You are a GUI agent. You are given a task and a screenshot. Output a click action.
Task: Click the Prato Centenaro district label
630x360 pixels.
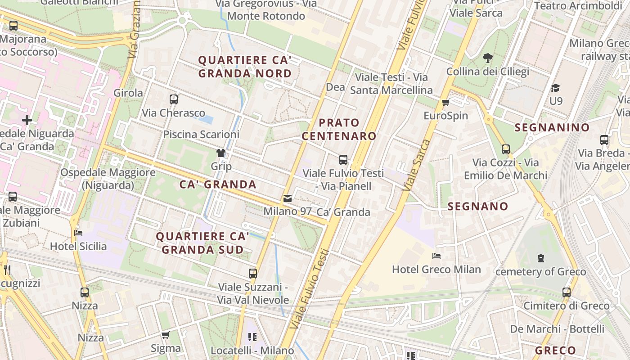(339, 129)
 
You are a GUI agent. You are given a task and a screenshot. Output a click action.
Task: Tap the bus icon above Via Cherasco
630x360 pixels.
(174, 99)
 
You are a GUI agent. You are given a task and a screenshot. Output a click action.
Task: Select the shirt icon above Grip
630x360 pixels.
(221, 153)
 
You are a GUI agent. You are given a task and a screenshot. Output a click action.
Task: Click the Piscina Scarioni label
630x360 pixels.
(201, 134)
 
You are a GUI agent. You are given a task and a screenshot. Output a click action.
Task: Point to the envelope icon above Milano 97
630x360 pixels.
(288, 198)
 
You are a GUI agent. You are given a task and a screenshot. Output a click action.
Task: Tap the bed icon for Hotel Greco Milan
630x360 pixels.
(436, 256)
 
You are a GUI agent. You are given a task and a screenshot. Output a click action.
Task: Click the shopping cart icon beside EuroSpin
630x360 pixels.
(446, 103)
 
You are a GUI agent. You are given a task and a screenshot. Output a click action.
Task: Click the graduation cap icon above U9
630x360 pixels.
(556, 88)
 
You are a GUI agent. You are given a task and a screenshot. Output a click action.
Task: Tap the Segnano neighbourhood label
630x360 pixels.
(478, 207)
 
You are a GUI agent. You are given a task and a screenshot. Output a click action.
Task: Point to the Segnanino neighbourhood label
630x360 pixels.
(552, 127)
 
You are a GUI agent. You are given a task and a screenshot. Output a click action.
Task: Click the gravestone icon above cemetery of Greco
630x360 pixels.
(540, 258)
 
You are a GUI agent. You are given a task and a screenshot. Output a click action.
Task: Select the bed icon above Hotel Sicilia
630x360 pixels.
(78, 233)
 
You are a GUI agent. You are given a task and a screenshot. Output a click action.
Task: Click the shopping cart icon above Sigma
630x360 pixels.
(165, 335)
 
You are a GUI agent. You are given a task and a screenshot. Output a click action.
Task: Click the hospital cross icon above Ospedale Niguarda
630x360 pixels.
(27, 120)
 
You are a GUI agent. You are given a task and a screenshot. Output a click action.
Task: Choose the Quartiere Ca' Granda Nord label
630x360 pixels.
(245, 67)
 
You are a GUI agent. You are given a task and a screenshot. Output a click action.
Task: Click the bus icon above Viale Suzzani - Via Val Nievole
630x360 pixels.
(253, 274)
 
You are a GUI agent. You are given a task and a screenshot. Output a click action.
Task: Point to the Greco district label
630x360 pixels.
(555, 351)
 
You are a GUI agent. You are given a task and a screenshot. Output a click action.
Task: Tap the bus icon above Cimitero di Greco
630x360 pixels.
(567, 292)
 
